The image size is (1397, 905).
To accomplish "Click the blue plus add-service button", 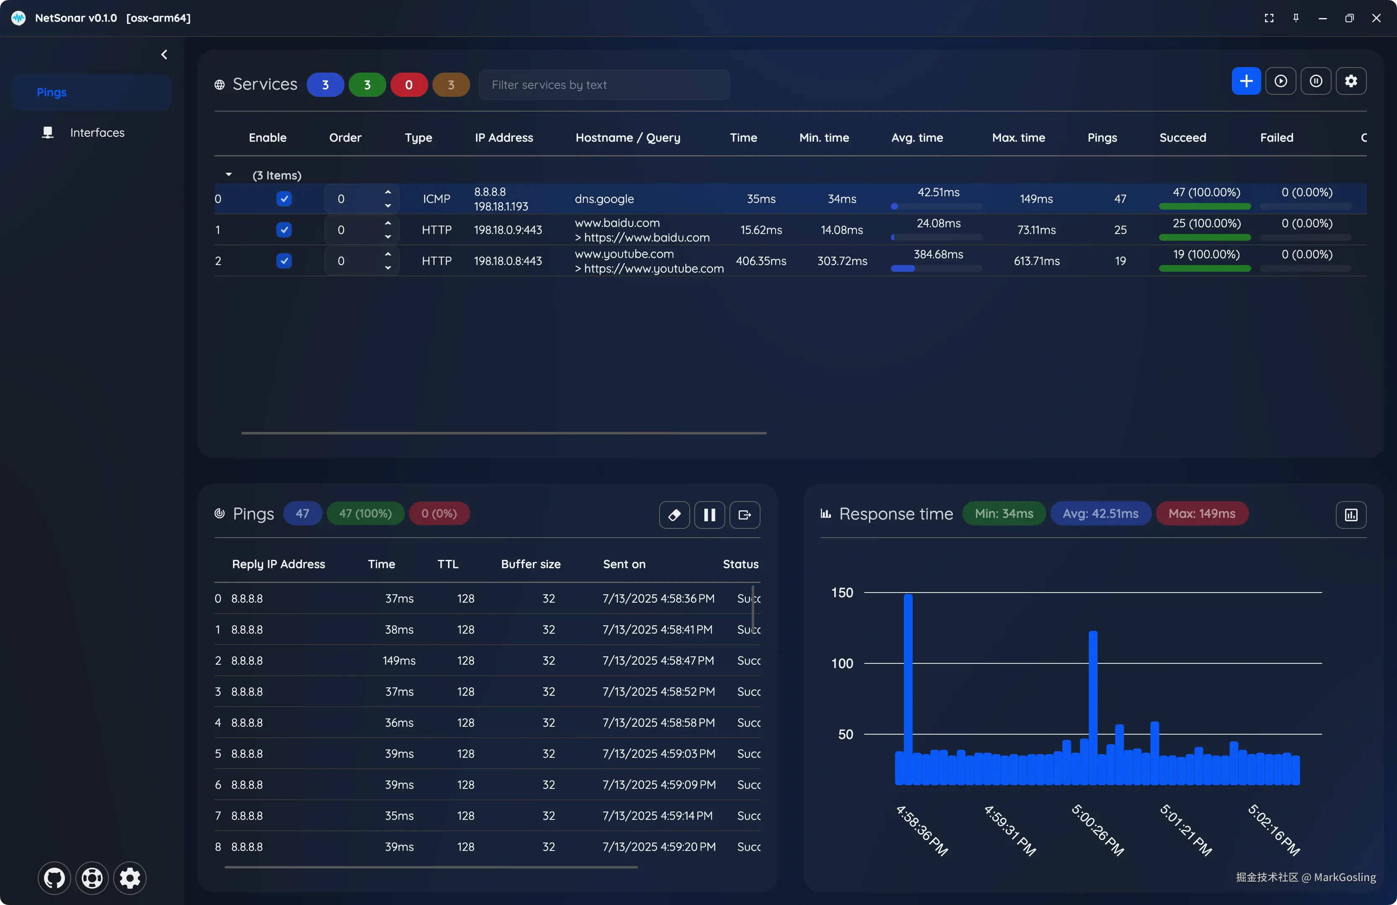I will point(1246,81).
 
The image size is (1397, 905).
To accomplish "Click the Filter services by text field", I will point(604,85).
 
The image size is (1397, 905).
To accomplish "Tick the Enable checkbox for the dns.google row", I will point(284,199).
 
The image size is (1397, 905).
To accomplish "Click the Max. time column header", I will point(1018,138).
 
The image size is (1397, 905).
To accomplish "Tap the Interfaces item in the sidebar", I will point(97,133).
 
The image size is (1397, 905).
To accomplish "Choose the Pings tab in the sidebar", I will point(52,92).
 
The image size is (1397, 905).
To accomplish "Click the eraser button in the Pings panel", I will point(674,515).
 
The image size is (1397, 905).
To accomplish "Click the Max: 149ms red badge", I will point(1202,514).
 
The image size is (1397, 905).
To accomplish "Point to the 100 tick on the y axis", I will point(842,663).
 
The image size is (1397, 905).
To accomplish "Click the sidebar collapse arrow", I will point(164,55).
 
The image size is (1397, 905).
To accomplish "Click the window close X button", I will point(1376,18).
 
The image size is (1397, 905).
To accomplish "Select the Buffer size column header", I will point(530,564).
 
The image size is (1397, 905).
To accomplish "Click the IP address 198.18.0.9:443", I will point(508,230).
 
